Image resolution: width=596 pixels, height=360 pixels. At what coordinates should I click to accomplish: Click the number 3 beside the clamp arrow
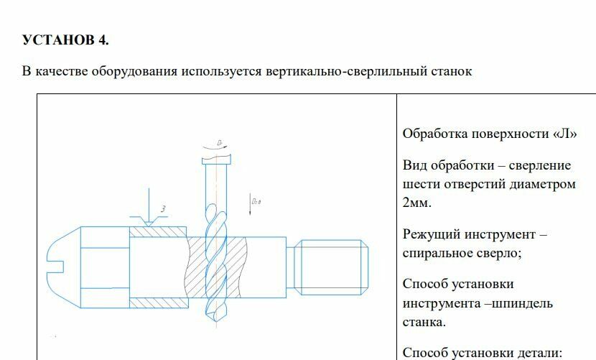(x=164, y=209)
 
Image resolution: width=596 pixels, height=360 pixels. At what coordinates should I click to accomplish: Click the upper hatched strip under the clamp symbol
(x=158, y=232)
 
